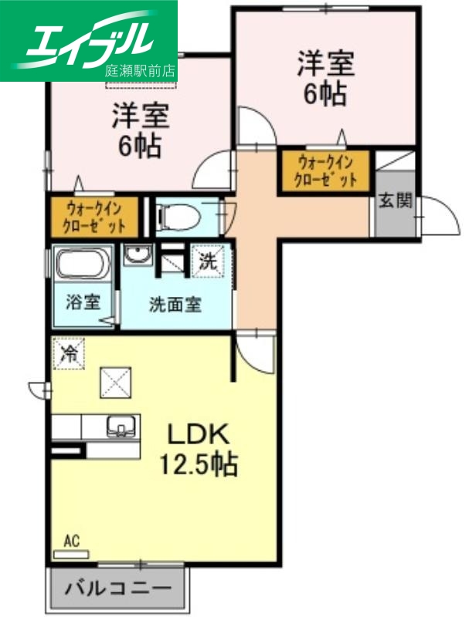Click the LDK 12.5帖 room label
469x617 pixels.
coord(198,449)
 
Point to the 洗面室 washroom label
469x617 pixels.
coord(175,304)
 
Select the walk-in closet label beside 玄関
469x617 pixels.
coord(325,171)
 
